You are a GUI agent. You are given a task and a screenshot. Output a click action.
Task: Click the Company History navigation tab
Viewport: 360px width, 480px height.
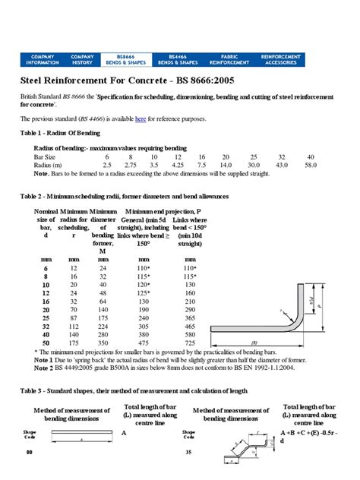click(x=82, y=58)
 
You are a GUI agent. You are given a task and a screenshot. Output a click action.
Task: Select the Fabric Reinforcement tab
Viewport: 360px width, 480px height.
click(x=230, y=58)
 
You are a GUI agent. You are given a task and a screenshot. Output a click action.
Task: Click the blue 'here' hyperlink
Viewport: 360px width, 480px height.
click(x=141, y=119)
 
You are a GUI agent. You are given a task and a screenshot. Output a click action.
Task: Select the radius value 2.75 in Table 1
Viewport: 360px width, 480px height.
click(x=130, y=164)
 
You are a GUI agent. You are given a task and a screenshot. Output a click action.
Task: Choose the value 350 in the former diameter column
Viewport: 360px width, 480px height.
click(x=100, y=343)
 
